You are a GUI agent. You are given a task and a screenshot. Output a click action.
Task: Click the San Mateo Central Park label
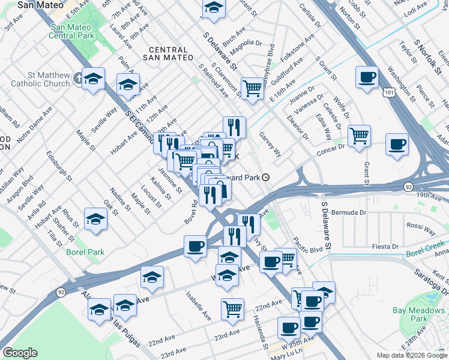70,32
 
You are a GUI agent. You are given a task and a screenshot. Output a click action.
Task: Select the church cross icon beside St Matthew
78,79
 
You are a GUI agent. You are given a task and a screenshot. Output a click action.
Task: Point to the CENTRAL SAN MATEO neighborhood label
164,53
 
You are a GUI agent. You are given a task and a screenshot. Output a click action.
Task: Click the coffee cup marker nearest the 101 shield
367,77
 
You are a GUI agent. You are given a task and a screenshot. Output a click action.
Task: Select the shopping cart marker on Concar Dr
359,136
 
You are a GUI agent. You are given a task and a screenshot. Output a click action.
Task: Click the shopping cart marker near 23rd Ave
232,310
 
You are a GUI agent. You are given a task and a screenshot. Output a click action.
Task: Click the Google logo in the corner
19,353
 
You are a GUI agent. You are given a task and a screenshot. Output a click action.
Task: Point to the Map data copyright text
411,355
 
